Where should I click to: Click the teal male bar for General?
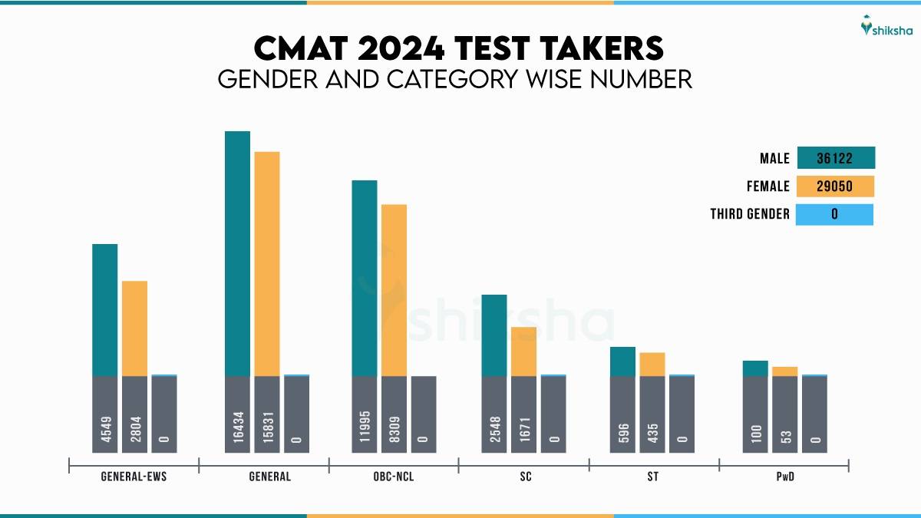click(237, 253)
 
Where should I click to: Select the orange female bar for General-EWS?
click(134, 328)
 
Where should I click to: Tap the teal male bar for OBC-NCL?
click(365, 278)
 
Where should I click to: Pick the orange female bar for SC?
click(523, 351)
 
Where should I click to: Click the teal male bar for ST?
click(622, 361)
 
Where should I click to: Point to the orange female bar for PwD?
click(784, 371)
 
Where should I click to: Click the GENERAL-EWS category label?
click(134, 477)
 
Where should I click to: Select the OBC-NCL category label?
click(394, 477)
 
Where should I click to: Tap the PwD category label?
click(784, 477)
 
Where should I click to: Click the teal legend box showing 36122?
click(836, 158)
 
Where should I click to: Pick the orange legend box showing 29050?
click(836, 186)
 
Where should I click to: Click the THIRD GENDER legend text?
click(750, 214)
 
